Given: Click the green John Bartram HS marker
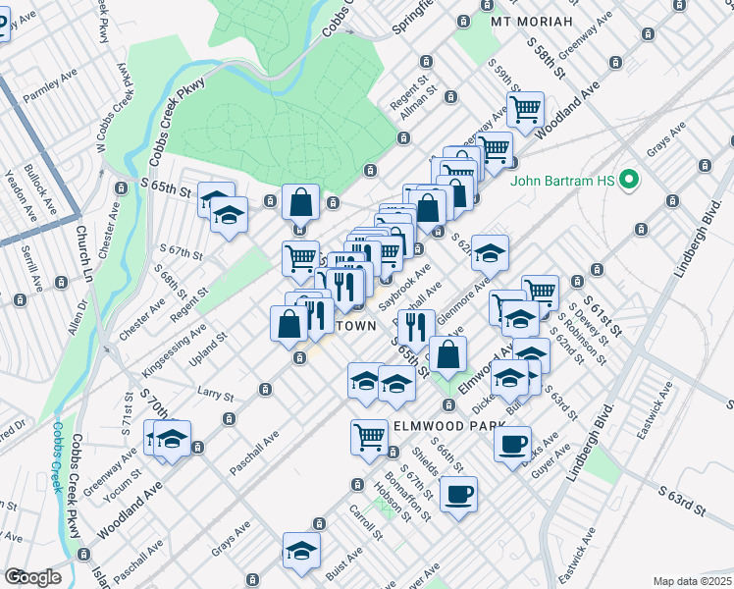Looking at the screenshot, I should click(x=630, y=181).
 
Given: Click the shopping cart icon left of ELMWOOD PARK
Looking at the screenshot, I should click(x=369, y=435).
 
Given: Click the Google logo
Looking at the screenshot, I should click(x=32, y=577).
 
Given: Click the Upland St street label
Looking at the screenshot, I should click(x=209, y=349).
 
